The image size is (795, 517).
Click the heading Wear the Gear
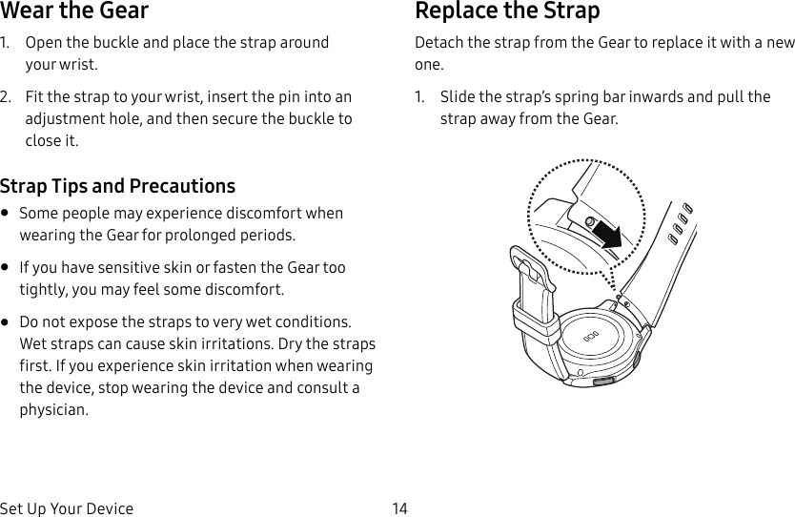tap(74, 12)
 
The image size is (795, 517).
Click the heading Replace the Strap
tap(507, 12)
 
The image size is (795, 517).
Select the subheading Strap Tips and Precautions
tap(117, 185)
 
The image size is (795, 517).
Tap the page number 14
tap(399, 508)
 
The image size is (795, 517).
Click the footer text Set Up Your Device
tap(67, 508)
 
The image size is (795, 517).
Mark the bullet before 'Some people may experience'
tap(7, 214)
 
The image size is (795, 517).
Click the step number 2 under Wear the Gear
tap(6, 97)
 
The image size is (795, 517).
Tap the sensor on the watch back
tap(590, 338)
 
